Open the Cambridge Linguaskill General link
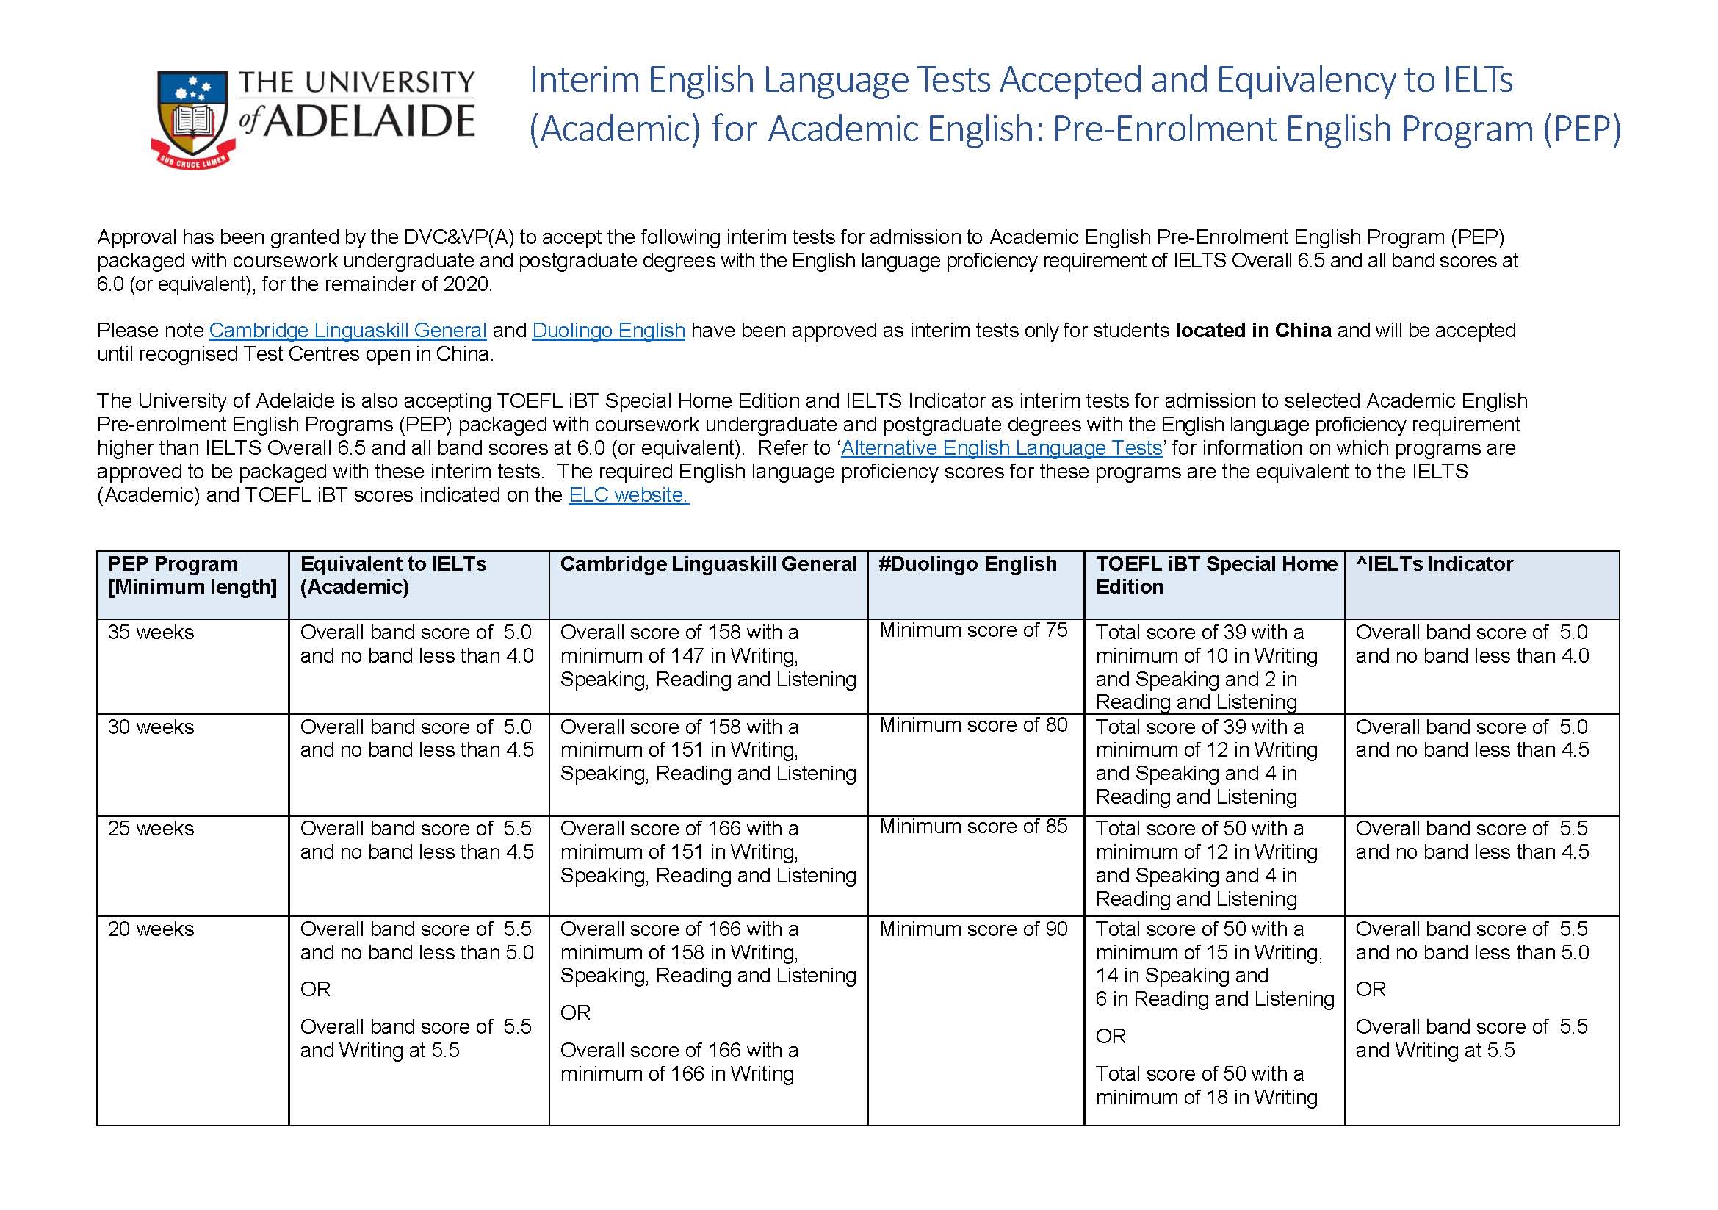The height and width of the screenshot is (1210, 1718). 347,330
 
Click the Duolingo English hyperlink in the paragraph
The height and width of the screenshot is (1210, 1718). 608,330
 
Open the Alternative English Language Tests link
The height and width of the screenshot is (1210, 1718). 1001,447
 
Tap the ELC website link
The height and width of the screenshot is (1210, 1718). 628,494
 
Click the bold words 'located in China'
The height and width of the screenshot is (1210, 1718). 1252,330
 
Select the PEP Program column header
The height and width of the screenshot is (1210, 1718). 192,575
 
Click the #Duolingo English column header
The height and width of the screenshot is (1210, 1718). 967,563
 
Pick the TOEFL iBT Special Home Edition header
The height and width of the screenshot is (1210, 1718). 1215,575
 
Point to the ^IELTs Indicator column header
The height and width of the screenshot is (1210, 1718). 1434,563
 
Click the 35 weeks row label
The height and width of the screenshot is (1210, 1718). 151,633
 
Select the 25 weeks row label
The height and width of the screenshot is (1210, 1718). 151,829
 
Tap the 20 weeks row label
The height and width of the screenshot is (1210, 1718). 151,929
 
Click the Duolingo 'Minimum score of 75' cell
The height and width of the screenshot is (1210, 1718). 972,630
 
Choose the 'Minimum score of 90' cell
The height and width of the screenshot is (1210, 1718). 972,929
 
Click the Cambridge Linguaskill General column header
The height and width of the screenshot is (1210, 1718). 708,563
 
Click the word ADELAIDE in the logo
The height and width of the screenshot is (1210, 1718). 370,122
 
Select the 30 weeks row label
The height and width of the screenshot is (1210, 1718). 151,727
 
